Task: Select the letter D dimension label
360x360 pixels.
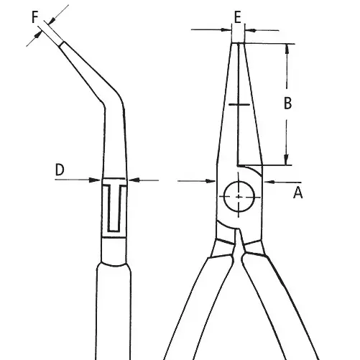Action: (60, 170)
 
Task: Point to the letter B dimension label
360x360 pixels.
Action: (287, 103)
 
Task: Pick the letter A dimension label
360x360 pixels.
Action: (298, 192)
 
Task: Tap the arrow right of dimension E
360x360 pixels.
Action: (252, 30)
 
